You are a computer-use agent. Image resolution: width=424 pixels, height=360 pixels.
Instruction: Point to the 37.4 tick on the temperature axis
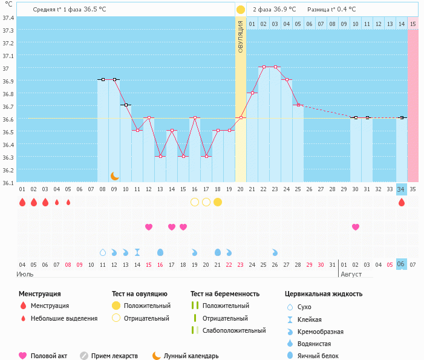point(8,18)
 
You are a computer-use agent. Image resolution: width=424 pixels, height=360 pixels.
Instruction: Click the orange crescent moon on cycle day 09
point(114,175)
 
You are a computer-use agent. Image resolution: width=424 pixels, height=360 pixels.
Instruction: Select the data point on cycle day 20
point(241,117)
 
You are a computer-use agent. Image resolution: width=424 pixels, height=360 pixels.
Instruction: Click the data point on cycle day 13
point(160,156)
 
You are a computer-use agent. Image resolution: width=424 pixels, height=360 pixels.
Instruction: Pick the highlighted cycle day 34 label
point(402,189)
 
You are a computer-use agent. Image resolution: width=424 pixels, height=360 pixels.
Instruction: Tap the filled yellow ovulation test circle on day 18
point(218,201)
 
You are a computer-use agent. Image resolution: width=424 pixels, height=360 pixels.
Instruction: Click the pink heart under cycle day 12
point(149,227)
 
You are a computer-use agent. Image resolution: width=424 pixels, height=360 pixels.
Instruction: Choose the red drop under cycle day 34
point(402,202)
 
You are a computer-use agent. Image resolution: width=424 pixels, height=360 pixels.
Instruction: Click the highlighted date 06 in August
point(402,264)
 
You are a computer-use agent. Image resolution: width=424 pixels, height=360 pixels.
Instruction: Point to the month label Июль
point(25,274)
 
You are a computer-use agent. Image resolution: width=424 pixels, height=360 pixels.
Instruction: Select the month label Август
point(352,274)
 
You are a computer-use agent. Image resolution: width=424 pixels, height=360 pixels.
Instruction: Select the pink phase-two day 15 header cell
point(413,24)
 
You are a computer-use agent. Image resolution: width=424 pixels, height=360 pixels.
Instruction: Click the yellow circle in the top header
point(241,10)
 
